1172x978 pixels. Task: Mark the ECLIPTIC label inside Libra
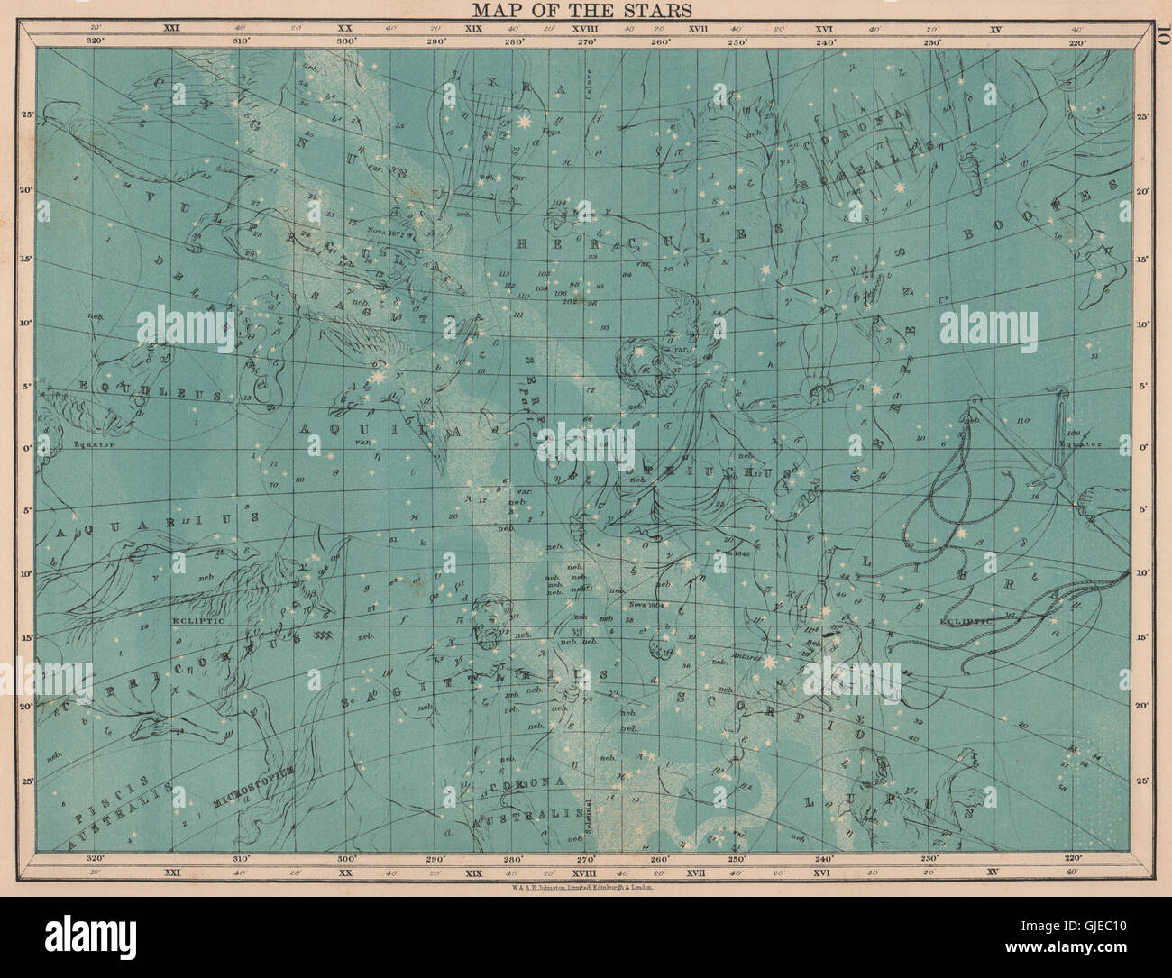[962, 621]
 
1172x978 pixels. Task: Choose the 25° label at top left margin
[26, 114]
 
